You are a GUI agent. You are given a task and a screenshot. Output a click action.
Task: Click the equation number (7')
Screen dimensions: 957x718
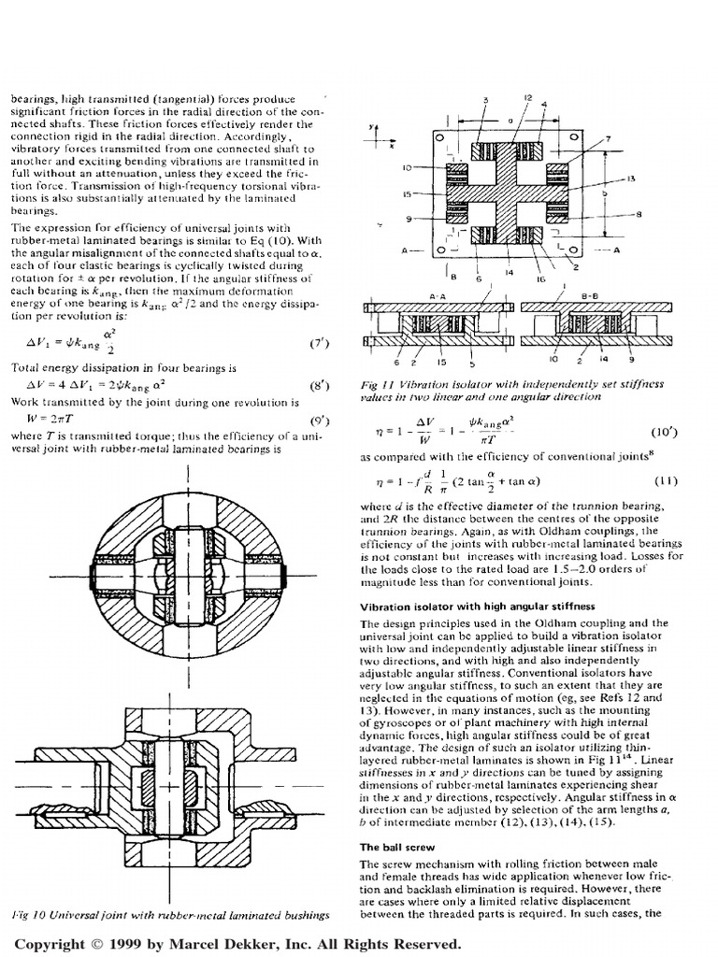pos(319,345)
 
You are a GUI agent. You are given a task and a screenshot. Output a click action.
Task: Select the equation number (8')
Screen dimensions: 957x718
pos(319,385)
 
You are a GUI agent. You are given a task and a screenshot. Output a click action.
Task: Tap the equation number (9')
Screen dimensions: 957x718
pos(319,420)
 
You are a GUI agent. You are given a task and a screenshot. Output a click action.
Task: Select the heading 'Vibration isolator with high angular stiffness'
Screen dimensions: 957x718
pos(478,607)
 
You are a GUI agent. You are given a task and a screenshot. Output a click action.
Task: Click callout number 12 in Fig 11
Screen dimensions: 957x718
pos(528,96)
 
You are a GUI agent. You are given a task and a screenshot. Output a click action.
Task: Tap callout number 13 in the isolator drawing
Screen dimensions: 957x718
pos(631,179)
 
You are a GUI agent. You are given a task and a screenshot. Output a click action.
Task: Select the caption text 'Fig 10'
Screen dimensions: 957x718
pos(30,914)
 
